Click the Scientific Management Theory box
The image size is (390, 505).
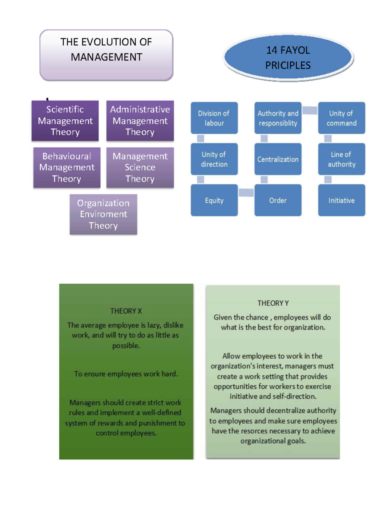(x=65, y=121)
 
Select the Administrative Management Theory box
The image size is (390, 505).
(x=140, y=121)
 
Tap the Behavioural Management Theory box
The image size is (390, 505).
(x=67, y=167)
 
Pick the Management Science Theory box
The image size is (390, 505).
(x=140, y=167)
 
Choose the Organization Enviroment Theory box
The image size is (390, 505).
(x=103, y=214)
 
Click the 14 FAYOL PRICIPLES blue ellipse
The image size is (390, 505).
(x=288, y=57)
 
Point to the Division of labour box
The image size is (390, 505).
(x=214, y=118)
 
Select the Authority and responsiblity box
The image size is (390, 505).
(x=278, y=118)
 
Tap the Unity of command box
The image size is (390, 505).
(x=342, y=118)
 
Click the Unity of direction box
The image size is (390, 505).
(x=214, y=159)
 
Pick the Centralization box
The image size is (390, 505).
(x=278, y=159)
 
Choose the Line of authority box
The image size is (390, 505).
(x=342, y=159)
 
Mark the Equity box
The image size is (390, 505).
(x=214, y=200)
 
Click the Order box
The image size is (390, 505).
(x=278, y=200)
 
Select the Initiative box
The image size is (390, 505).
(x=342, y=200)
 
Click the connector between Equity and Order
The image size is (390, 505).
(x=246, y=193)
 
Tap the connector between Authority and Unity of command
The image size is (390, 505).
(x=310, y=110)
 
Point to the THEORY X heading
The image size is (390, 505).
(x=126, y=311)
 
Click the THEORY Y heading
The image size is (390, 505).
(x=273, y=303)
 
